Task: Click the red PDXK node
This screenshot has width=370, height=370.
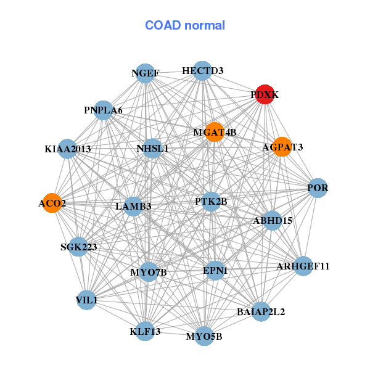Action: point(265,95)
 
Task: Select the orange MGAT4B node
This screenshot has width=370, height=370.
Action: point(214,132)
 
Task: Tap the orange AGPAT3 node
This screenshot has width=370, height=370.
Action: point(282,147)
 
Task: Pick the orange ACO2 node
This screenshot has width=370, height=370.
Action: point(52,203)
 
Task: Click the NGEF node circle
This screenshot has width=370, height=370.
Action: point(144,73)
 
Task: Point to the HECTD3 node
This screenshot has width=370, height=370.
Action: point(202,71)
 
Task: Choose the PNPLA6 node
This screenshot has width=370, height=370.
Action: point(103,110)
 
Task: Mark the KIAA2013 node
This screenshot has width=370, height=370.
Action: point(67,149)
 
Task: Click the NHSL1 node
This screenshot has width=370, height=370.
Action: point(152,149)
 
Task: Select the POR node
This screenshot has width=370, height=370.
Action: point(317,187)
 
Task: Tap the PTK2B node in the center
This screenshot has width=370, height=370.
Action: point(211,202)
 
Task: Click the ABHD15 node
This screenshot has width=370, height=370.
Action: point(273,220)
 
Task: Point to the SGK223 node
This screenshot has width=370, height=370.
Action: point(78,247)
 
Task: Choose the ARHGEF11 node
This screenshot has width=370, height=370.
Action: point(303,266)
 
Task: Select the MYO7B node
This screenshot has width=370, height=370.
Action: point(149,272)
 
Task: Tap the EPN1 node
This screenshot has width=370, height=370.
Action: point(215,270)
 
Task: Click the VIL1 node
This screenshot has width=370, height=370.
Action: point(86,300)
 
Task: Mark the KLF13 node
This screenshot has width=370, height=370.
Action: point(145,331)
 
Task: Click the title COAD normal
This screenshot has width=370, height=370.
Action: point(185,26)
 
